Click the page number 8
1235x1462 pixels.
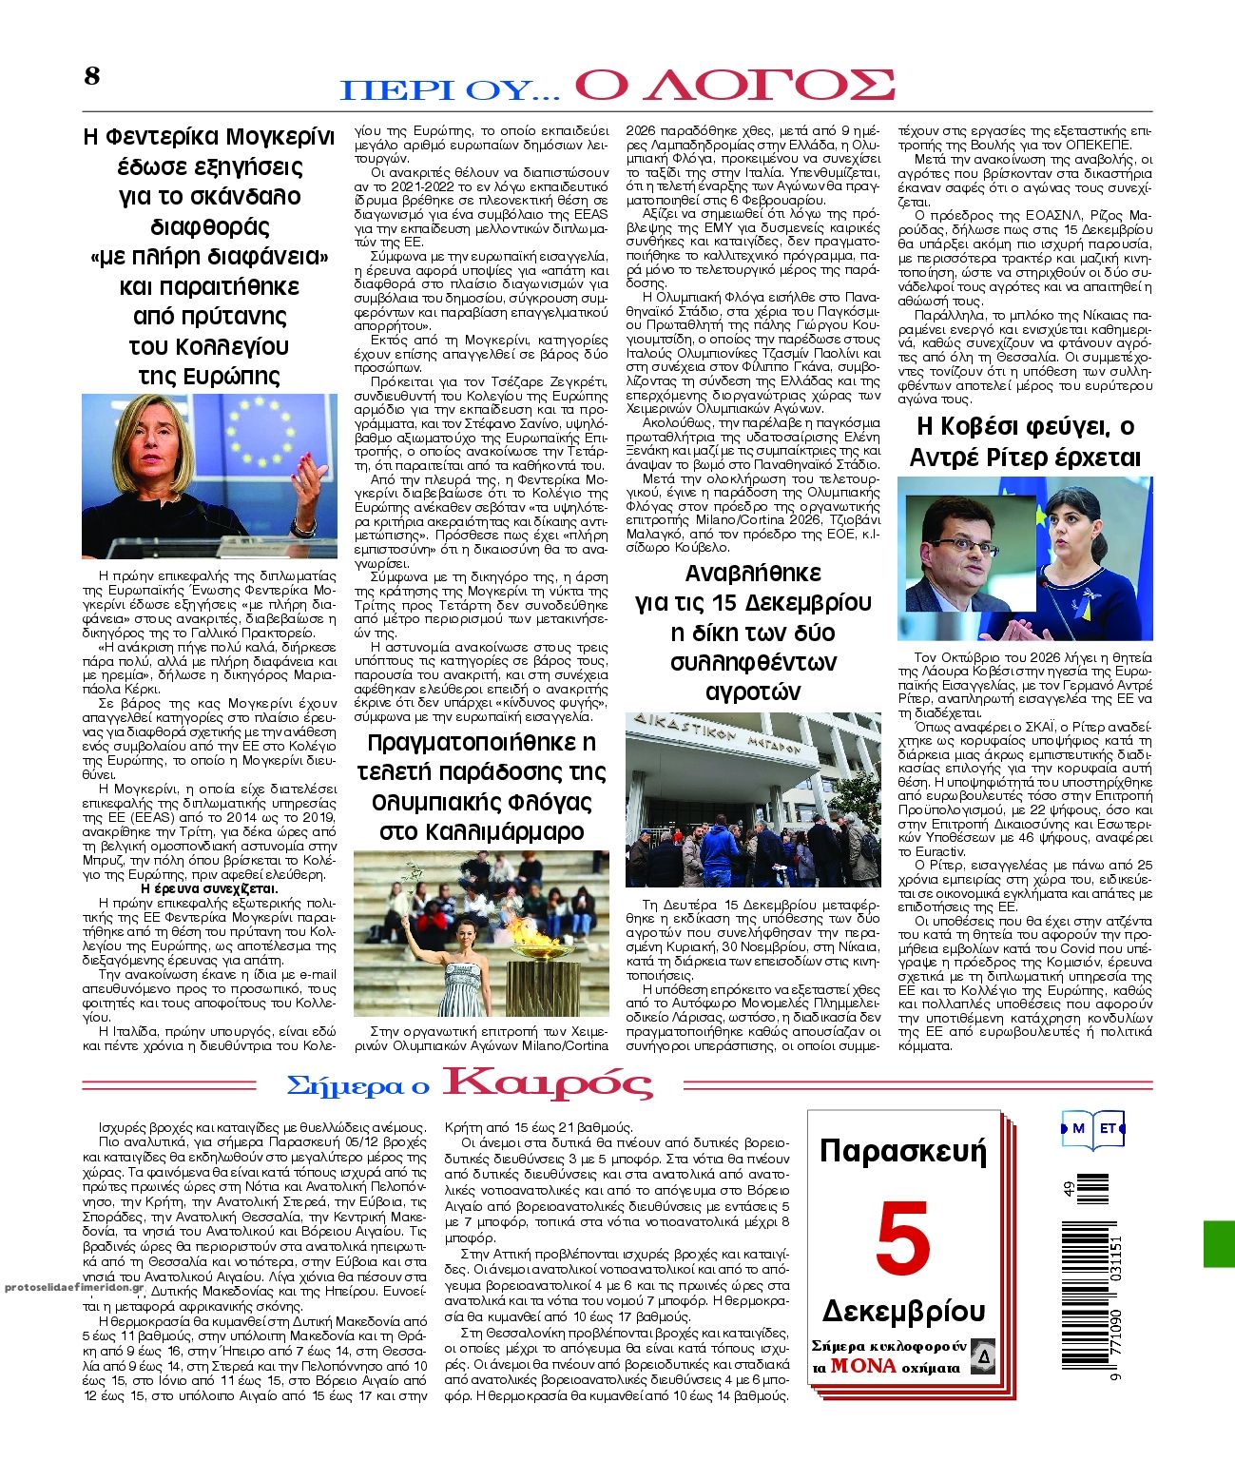[x=91, y=76]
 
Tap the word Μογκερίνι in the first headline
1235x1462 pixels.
[x=279, y=136]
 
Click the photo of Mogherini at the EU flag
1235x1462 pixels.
[x=209, y=476]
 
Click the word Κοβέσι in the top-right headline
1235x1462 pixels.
[x=987, y=426]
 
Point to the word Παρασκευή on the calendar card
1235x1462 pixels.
[x=902, y=1151]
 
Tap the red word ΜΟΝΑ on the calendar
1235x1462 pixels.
[x=863, y=1365]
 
